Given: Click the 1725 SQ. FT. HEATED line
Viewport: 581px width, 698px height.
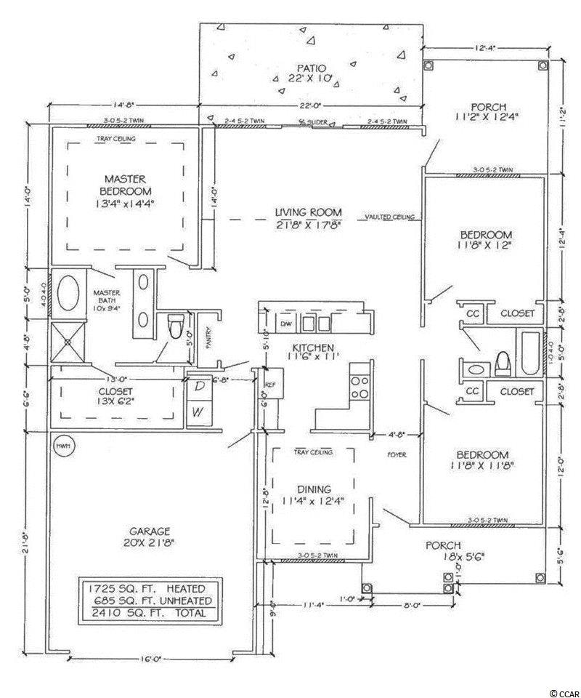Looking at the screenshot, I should coord(147,587).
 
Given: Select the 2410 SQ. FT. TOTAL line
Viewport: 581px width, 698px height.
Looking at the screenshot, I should coord(147,613).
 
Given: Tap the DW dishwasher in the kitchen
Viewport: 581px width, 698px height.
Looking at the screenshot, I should coord(285,323).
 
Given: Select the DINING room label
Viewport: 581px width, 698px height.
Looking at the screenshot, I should coord(314,489).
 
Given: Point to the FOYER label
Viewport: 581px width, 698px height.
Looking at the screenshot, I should coord(396,454).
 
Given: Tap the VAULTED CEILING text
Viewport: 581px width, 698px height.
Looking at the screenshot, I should coord(389,217).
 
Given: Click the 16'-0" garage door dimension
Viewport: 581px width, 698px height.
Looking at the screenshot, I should coord(147,659).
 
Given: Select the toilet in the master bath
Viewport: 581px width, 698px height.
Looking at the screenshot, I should coord(174,327).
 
